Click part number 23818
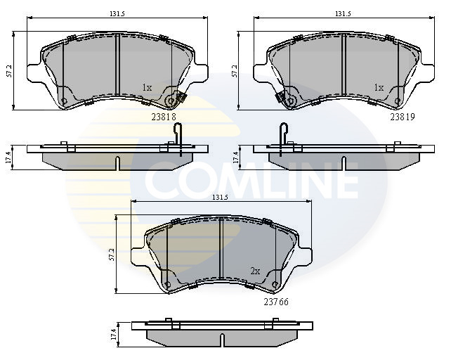pos(164,117)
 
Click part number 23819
pos(403,117)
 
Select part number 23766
pos(276,302)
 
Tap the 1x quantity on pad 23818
pos(147,88)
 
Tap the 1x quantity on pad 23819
pos(379,88)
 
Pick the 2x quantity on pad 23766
pos(255,271)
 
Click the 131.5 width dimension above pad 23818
pos(117,13)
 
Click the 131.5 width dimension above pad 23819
pos(343,13)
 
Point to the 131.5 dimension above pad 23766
pos(221,198)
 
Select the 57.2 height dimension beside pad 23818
pos(9,71)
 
